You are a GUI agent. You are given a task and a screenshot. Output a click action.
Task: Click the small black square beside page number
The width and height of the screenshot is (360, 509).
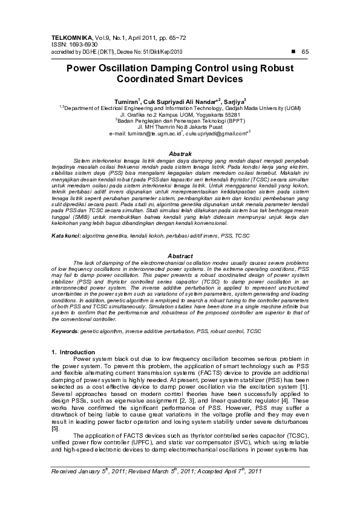(x=293, y=51)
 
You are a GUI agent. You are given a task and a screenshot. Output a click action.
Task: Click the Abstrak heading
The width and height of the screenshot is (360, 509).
(x=179, y=155)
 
